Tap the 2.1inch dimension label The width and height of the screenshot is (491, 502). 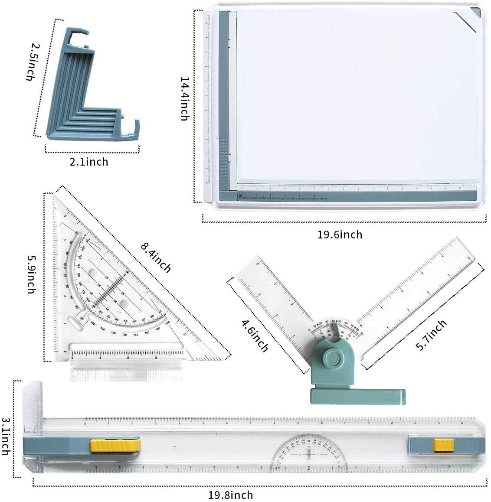(x=88, y=162)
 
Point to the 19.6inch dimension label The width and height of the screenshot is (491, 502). (x=340, y=235)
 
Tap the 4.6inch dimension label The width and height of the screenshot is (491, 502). (x=254, y=335)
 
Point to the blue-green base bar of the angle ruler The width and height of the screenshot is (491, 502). (x=358, y=395)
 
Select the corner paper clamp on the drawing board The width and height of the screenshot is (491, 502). (x=469, y=19)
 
